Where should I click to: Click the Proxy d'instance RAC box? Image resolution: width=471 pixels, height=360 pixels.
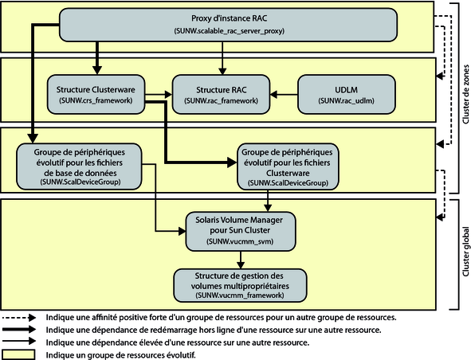228,25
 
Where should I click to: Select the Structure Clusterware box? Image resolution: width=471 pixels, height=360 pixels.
96,94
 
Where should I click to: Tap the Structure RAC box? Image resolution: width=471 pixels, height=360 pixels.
221,94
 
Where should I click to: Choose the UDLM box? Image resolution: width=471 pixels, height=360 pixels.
347,94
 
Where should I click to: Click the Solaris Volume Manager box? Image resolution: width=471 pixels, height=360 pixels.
241,231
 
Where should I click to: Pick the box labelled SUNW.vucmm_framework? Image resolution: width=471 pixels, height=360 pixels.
241,285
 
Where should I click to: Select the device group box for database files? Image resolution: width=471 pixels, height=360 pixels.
79,166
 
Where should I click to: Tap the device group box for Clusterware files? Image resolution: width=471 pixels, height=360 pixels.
288,166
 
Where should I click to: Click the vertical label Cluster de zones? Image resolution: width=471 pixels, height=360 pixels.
465,94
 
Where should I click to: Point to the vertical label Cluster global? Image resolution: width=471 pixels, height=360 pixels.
465,251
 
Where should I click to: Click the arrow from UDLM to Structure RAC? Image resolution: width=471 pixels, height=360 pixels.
284,95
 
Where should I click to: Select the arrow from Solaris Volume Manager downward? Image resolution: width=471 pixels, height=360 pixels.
241,260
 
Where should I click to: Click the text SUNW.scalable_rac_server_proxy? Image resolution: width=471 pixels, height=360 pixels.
230,31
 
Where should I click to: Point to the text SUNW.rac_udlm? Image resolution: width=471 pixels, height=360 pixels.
347,101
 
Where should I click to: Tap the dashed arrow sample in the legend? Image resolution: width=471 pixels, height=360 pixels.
19,317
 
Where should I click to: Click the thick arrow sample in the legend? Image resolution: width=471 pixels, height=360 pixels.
19,330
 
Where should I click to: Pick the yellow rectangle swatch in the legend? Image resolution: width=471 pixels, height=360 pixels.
18,354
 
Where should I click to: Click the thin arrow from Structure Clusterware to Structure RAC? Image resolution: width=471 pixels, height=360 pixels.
159,95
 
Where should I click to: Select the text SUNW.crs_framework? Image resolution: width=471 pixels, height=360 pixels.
96,100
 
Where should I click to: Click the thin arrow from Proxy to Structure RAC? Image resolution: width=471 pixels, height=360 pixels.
222,58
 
